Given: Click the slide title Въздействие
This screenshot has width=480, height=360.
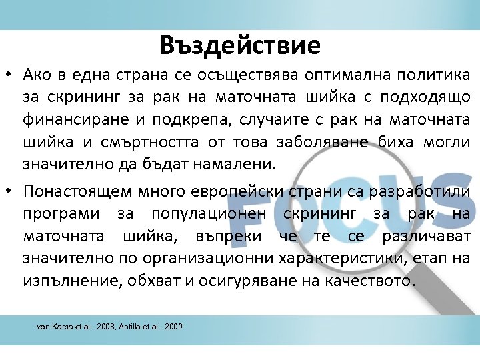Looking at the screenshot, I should coord(240,45).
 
